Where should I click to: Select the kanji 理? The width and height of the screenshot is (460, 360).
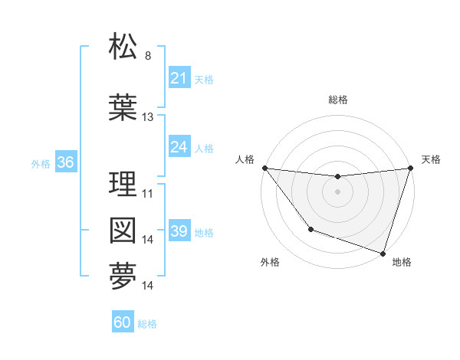pos(123,184)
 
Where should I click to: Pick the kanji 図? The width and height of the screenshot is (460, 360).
pos(123,231)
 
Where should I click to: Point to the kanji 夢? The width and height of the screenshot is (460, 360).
pos(123,277)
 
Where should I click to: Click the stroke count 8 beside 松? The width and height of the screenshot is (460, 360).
pos(148,56)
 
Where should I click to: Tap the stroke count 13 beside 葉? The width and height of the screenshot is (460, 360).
pos(148,117)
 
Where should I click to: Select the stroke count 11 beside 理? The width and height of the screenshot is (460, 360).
pos(148,194)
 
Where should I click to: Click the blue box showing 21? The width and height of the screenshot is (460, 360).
pos(179,78)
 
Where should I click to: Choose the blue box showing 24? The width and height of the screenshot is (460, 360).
pos(179,147)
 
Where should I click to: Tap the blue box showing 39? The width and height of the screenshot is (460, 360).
pos(179,231)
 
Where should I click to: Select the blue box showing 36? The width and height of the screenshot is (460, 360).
pos(65,162)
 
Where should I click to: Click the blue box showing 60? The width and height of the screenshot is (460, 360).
pos(123,322)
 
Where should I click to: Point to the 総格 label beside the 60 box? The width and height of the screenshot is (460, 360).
pos(148,324)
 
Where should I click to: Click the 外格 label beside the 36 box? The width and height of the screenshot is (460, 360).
pos(41,164)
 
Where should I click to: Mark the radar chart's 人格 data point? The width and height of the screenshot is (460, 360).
pos(264,168)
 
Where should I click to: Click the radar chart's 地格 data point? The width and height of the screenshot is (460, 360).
pos(383,252)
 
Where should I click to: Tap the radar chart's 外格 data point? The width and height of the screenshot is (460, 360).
pos(310,229)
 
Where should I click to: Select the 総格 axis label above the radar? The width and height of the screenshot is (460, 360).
pos(337,100)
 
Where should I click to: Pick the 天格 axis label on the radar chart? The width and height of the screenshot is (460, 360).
pos(432,159)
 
